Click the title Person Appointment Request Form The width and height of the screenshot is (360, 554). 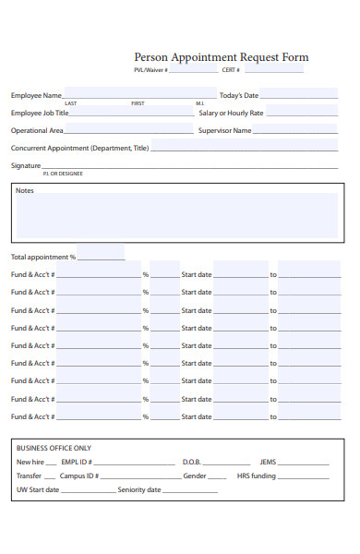[222, 57]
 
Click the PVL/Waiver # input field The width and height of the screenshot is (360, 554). [193, 70]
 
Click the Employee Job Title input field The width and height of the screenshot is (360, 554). [132, 113]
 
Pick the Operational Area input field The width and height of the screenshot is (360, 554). [129, 130]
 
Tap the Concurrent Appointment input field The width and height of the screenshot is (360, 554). [244, 147]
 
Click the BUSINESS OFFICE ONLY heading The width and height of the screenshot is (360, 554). [54, 447]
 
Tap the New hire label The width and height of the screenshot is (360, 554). [30, 462]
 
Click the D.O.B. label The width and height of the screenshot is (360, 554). [191, 462]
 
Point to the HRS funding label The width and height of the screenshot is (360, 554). [257, 476]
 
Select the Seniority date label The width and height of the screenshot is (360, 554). [138, 490]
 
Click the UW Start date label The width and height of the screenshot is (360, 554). [38, 490]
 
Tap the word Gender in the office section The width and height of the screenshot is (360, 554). [194, 476]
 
